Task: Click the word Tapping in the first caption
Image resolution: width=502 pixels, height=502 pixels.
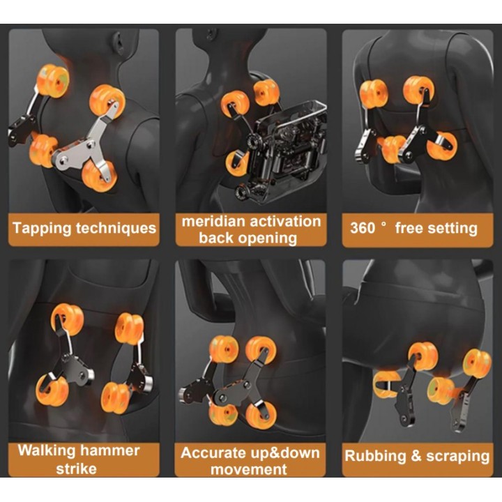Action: tap(42, 229)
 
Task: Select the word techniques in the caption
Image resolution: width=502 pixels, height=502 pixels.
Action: tap(116, 228)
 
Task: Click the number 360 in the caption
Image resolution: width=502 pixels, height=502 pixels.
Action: tap(363, 228)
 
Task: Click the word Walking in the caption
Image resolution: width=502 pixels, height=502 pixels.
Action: tap(47, 451)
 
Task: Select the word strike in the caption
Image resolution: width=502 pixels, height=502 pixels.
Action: tap(76, 469)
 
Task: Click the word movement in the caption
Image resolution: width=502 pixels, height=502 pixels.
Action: tap(249, 470)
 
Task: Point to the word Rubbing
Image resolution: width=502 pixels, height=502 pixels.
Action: tap(375, 456)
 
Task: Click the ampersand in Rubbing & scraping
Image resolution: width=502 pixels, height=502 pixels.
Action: tap(416, 455)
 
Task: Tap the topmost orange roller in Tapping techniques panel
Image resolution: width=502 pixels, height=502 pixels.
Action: tap(52, 80)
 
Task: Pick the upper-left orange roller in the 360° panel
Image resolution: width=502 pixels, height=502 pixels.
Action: tap(374, 94)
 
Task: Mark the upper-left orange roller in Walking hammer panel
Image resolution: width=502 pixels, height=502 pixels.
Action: tap(67, 319)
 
